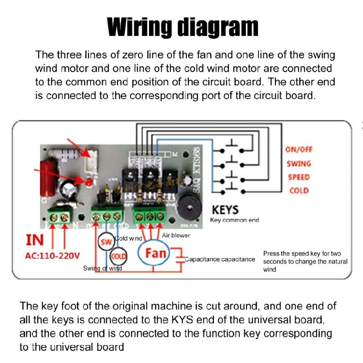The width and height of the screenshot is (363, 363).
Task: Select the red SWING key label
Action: [x=299, y=164]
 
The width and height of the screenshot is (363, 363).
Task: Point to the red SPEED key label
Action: [x=299, y=177]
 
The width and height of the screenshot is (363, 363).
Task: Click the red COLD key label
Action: [x=299, y=190]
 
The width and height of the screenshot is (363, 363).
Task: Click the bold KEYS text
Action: [x=226, y=210]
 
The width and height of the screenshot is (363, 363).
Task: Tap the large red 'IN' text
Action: [x=34, y=240]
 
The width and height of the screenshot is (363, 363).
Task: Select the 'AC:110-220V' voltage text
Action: [x=52, y=255]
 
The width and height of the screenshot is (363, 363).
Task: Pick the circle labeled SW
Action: [x=106, y=241]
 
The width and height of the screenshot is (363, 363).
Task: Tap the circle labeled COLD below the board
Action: [x=118, y=256]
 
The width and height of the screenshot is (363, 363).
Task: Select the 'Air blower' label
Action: [x=176, y=235]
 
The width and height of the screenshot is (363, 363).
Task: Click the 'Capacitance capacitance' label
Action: [x=220, y=259]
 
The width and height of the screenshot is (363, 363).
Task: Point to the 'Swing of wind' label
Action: [x=103, y=268]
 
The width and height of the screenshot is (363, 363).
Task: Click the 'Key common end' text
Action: [x=234, y=220]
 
